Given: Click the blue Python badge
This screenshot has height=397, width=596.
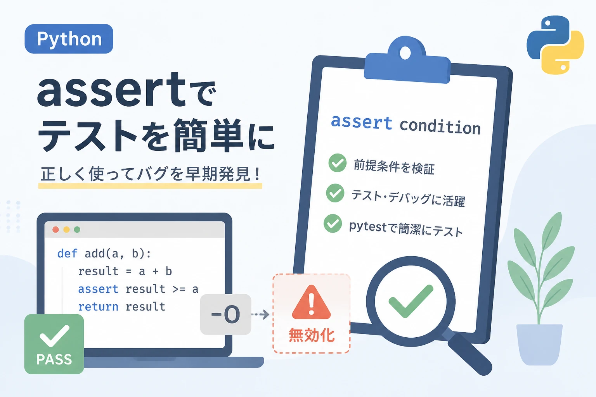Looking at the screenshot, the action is [69, 39].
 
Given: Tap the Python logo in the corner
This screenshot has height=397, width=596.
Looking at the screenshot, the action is [555, 45].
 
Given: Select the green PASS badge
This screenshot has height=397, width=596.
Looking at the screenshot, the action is [54, 344].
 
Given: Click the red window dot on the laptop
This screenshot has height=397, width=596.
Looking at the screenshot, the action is [55, 230].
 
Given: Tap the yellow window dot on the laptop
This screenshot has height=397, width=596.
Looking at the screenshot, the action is [66, 230].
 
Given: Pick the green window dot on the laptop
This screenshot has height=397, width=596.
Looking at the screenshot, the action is [77, 230].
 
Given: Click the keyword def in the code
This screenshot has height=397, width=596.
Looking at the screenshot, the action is [67, 254].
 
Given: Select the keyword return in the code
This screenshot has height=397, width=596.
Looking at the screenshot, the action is [98, 307].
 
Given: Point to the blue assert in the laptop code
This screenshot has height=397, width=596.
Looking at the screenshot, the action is [98, 289].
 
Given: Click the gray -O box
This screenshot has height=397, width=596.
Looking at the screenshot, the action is [225, 314].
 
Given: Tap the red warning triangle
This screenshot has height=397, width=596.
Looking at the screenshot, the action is [311, 302].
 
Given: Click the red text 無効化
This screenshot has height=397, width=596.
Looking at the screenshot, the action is [312, 335].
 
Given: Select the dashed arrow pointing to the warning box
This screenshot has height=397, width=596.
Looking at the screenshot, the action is [260, 314].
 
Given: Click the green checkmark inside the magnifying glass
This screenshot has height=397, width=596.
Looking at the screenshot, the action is [411, 301].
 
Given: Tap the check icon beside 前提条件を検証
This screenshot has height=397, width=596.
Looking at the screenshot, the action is [337, 163].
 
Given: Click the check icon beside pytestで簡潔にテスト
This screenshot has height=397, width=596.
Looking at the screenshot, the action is [333, 223].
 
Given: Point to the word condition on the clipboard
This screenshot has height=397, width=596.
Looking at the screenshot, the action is [440, 126].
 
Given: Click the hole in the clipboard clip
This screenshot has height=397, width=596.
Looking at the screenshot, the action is [405, 53].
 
